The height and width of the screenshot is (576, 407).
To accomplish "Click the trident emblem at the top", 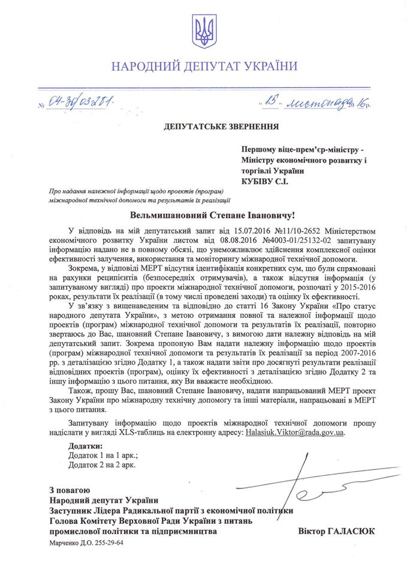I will click(203, 32).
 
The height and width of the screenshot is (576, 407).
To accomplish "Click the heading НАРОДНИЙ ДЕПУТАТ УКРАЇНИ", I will click(203, 66).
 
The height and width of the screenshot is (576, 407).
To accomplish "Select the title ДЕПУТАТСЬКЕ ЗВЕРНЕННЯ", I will click(203, 125).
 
